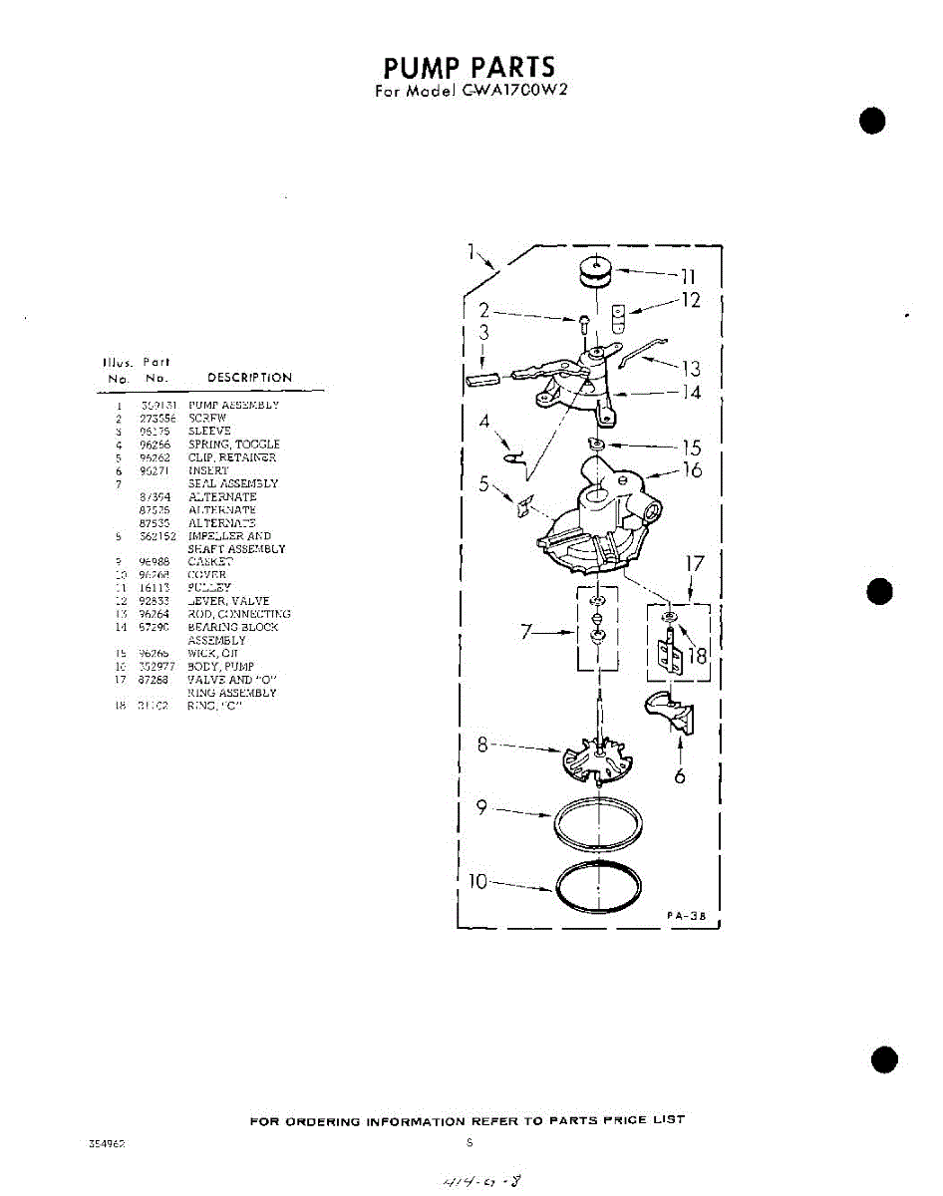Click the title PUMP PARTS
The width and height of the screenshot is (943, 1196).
469,68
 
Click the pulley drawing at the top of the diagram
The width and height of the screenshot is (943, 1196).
596,270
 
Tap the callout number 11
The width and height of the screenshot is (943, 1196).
688,276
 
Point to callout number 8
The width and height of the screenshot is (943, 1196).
483,744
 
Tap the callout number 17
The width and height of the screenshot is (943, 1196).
694,564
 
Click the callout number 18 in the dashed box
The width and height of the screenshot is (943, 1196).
697,655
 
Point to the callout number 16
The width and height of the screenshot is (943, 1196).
691,469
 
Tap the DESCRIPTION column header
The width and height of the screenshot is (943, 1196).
249,378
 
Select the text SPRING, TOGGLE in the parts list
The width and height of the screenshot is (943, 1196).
233,445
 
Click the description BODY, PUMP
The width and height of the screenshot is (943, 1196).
220,666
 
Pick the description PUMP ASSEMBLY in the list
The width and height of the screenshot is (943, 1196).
233,406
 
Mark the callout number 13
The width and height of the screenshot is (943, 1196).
689,370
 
